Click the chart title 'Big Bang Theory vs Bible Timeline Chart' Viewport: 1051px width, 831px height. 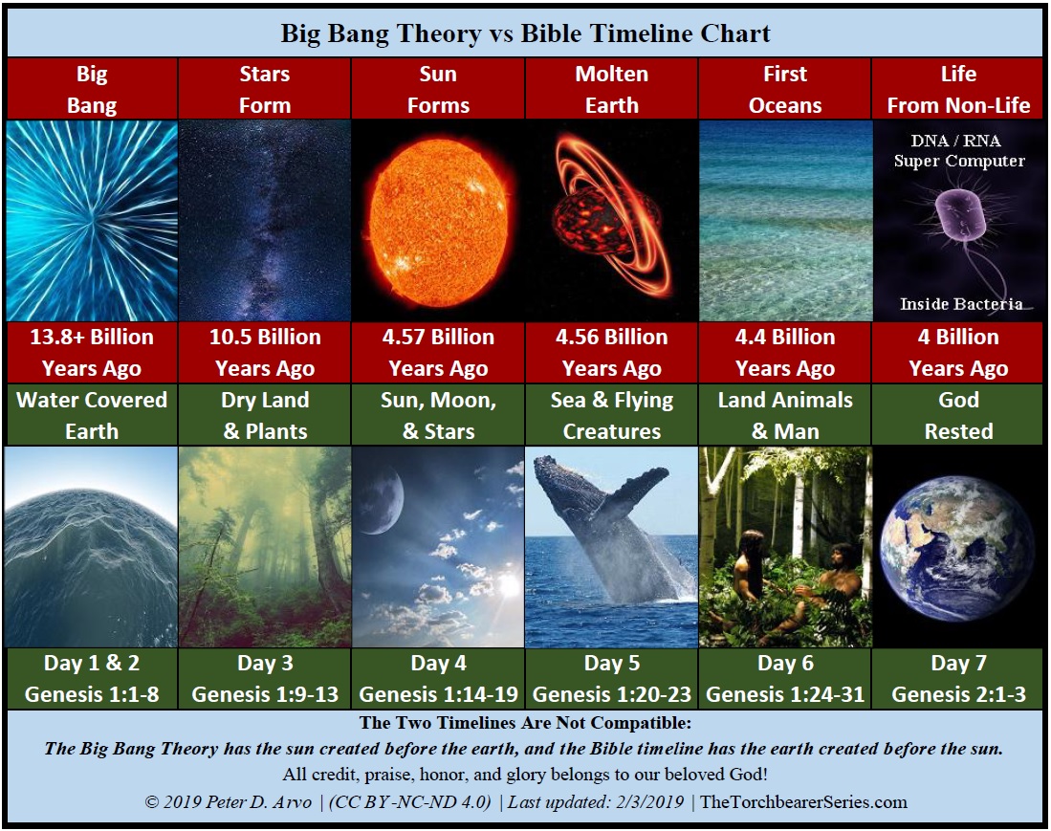pos(526,33)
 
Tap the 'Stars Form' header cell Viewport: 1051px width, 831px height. pos(265,89)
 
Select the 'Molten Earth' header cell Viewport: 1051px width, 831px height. pos(611,89)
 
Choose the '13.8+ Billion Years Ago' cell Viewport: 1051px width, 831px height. pos(92,353)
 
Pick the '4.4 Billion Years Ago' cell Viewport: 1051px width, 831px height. pos(785,353)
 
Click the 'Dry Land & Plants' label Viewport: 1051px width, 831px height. pos(265,415)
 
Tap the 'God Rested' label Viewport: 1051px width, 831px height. pos(959,415)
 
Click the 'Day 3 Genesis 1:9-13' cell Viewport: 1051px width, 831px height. pos(265,678)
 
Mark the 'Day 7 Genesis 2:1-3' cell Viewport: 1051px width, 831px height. pos(959,678)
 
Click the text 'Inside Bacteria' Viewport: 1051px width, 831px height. pos(961,304)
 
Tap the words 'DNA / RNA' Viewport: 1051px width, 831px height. pos(955,141)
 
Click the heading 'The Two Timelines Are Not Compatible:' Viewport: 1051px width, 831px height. pos(525,723)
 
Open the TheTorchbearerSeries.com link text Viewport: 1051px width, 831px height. pos(803,802)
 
